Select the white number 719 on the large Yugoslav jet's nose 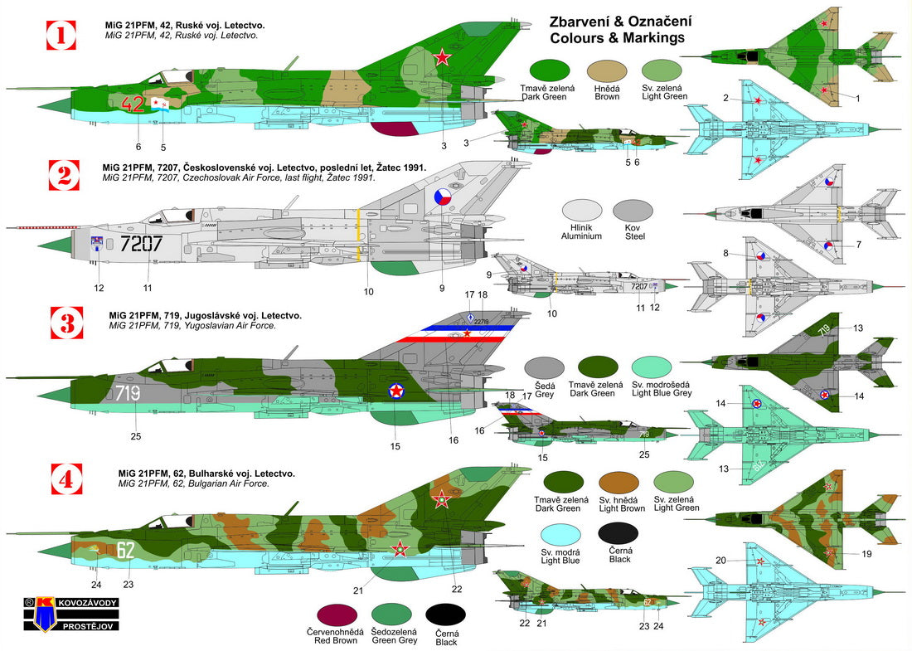128,393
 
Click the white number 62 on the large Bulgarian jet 126,548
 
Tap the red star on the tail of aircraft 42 443,57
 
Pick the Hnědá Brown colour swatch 607,72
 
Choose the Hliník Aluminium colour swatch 581,212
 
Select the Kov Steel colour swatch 633,212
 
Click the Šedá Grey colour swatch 545,369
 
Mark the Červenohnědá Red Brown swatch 332,615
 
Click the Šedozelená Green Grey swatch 389,615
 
